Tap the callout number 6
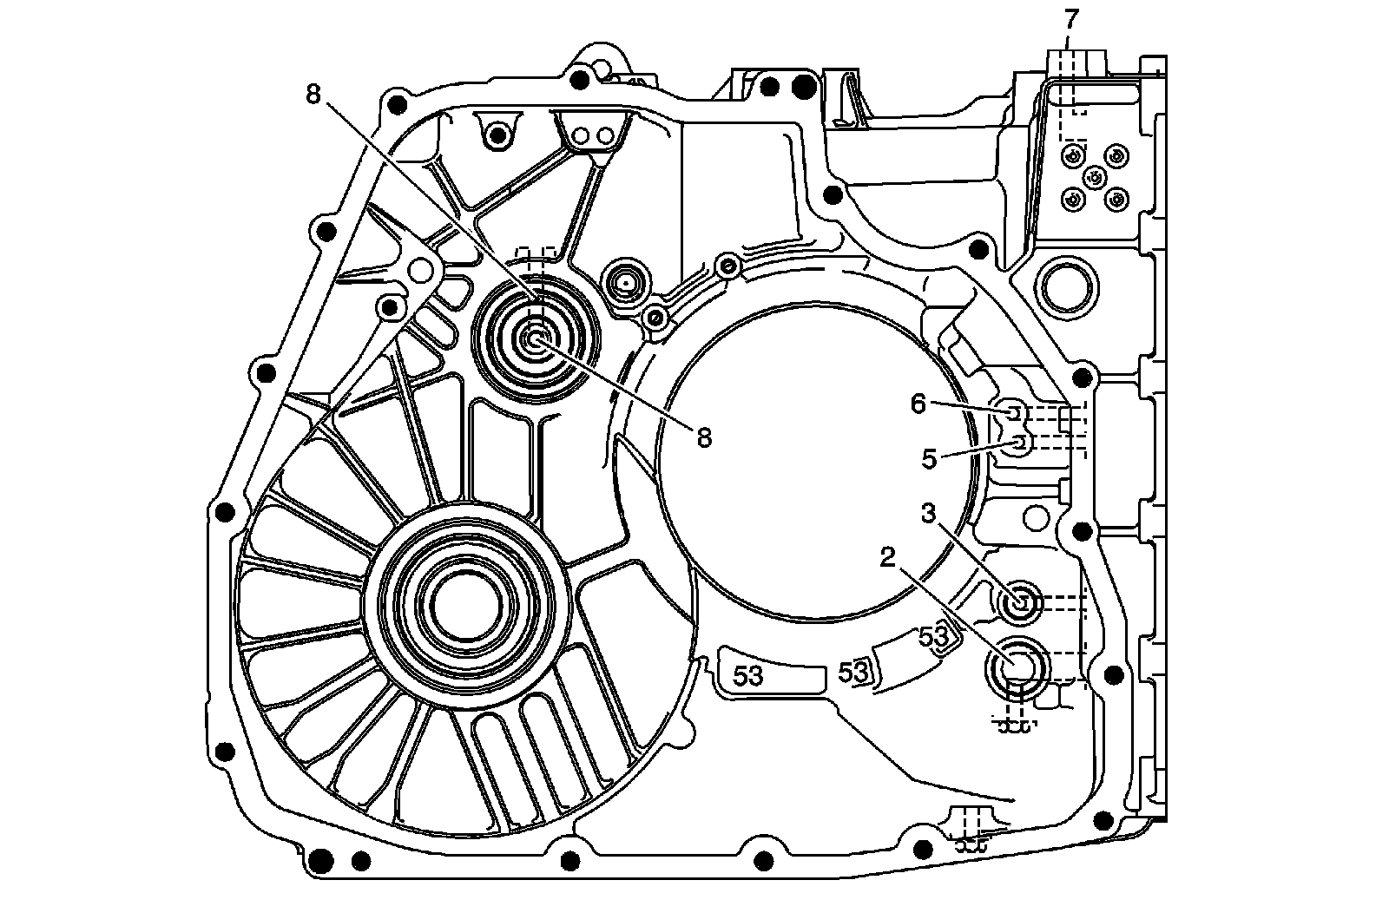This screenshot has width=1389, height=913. click(x=918, y=403)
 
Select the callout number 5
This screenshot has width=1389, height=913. click(x=930, y=458)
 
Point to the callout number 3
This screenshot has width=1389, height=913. click(x=930, y=514)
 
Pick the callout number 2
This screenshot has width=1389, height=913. click(x=887, y=558)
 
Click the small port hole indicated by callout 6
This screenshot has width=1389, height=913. click(x=1013, y=411)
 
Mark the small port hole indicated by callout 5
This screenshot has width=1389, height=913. click(x=1021, y=443)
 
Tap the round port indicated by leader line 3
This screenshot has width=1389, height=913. click(x=1020, y=600)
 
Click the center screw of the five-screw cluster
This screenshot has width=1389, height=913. click(x=1095, y=178)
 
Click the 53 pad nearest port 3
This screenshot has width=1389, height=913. click(x=934, y=637)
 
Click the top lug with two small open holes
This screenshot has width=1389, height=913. click(x=592, y=135)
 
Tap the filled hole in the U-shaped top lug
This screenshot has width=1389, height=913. click(x=497, y=133)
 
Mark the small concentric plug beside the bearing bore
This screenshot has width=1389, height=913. click(x=625, y=281)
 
